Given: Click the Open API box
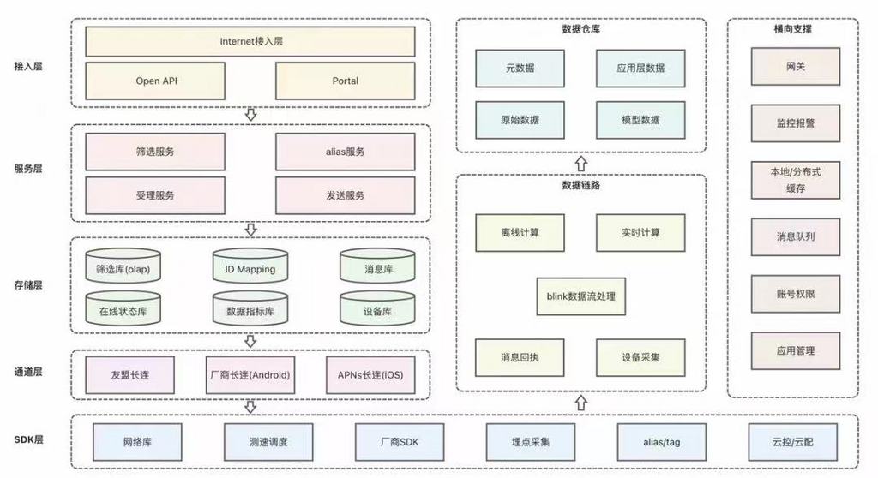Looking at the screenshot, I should coord(156,81).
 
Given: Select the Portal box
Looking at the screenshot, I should coord(345,81).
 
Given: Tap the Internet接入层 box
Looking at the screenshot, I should coord(250,41).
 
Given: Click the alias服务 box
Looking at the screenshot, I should coord(345,152).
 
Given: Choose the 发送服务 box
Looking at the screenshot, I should coord(345,195).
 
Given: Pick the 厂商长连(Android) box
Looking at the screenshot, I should coord(250,375).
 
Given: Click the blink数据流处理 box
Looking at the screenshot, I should coord(580,296).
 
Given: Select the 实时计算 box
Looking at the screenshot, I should coord(640,232).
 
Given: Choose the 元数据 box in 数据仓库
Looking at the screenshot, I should coord(520,68).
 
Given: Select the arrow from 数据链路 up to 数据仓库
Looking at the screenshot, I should coord(580,163).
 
